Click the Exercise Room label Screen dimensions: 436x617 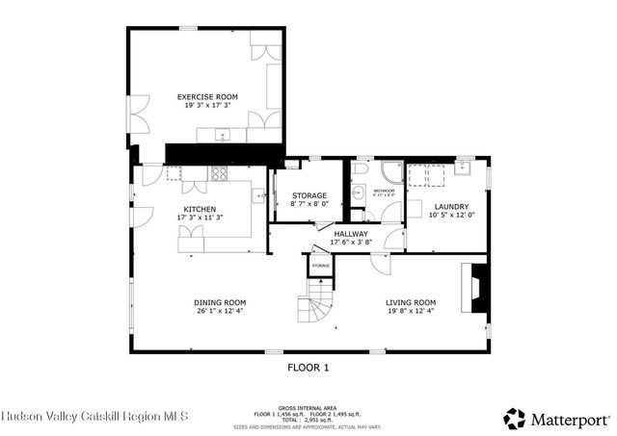206,96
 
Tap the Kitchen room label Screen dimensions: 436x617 200,209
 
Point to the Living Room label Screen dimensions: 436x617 412,302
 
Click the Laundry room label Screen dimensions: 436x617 451,207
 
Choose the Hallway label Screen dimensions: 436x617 350,234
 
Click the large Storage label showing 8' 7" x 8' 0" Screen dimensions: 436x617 309,195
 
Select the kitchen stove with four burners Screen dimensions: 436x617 219,174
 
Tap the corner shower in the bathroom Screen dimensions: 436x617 390,173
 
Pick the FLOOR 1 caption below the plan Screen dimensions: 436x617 308,367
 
